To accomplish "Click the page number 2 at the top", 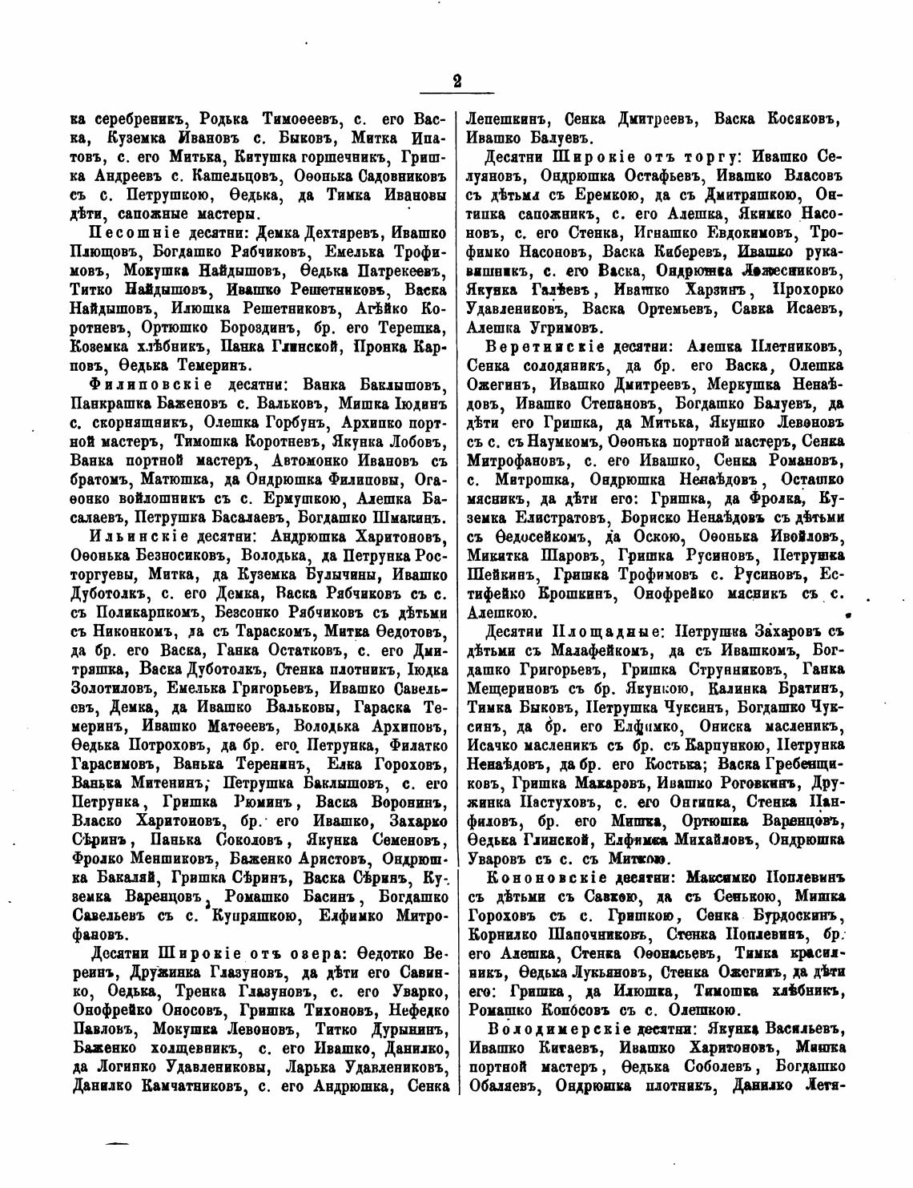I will coord(457,81).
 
